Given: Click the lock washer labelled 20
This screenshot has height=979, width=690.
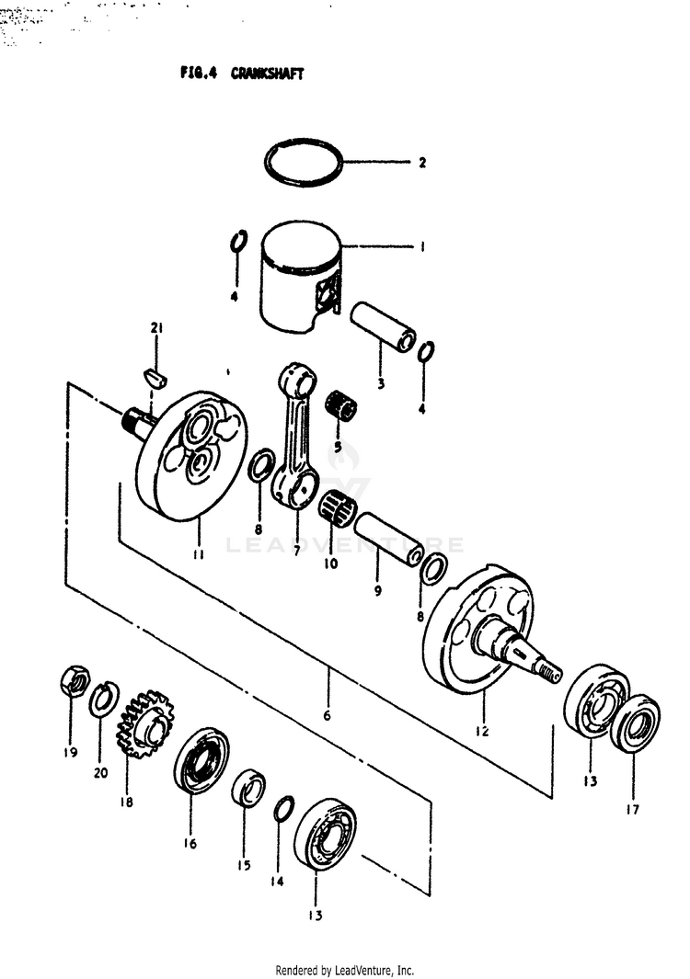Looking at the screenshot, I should point(102,700).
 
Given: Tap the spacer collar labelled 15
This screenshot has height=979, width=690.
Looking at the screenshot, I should point(247,789).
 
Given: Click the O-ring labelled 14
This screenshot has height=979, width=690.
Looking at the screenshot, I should point(285,809).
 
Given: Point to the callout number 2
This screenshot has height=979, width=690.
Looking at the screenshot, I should point(421,164).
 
